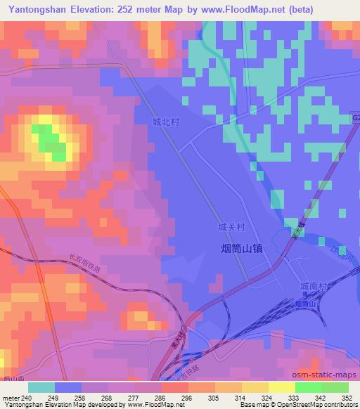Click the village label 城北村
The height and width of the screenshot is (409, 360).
click(166, 122)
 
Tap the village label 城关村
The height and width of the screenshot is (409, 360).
click(231, 228)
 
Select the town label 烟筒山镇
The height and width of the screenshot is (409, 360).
click(238, 247)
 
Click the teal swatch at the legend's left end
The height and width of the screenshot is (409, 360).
click(41, 387)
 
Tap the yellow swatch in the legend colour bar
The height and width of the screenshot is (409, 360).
click(281, 387)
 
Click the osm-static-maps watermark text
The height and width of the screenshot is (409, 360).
click(330, 372)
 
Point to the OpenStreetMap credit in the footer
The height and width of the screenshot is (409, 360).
click(291, 405)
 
